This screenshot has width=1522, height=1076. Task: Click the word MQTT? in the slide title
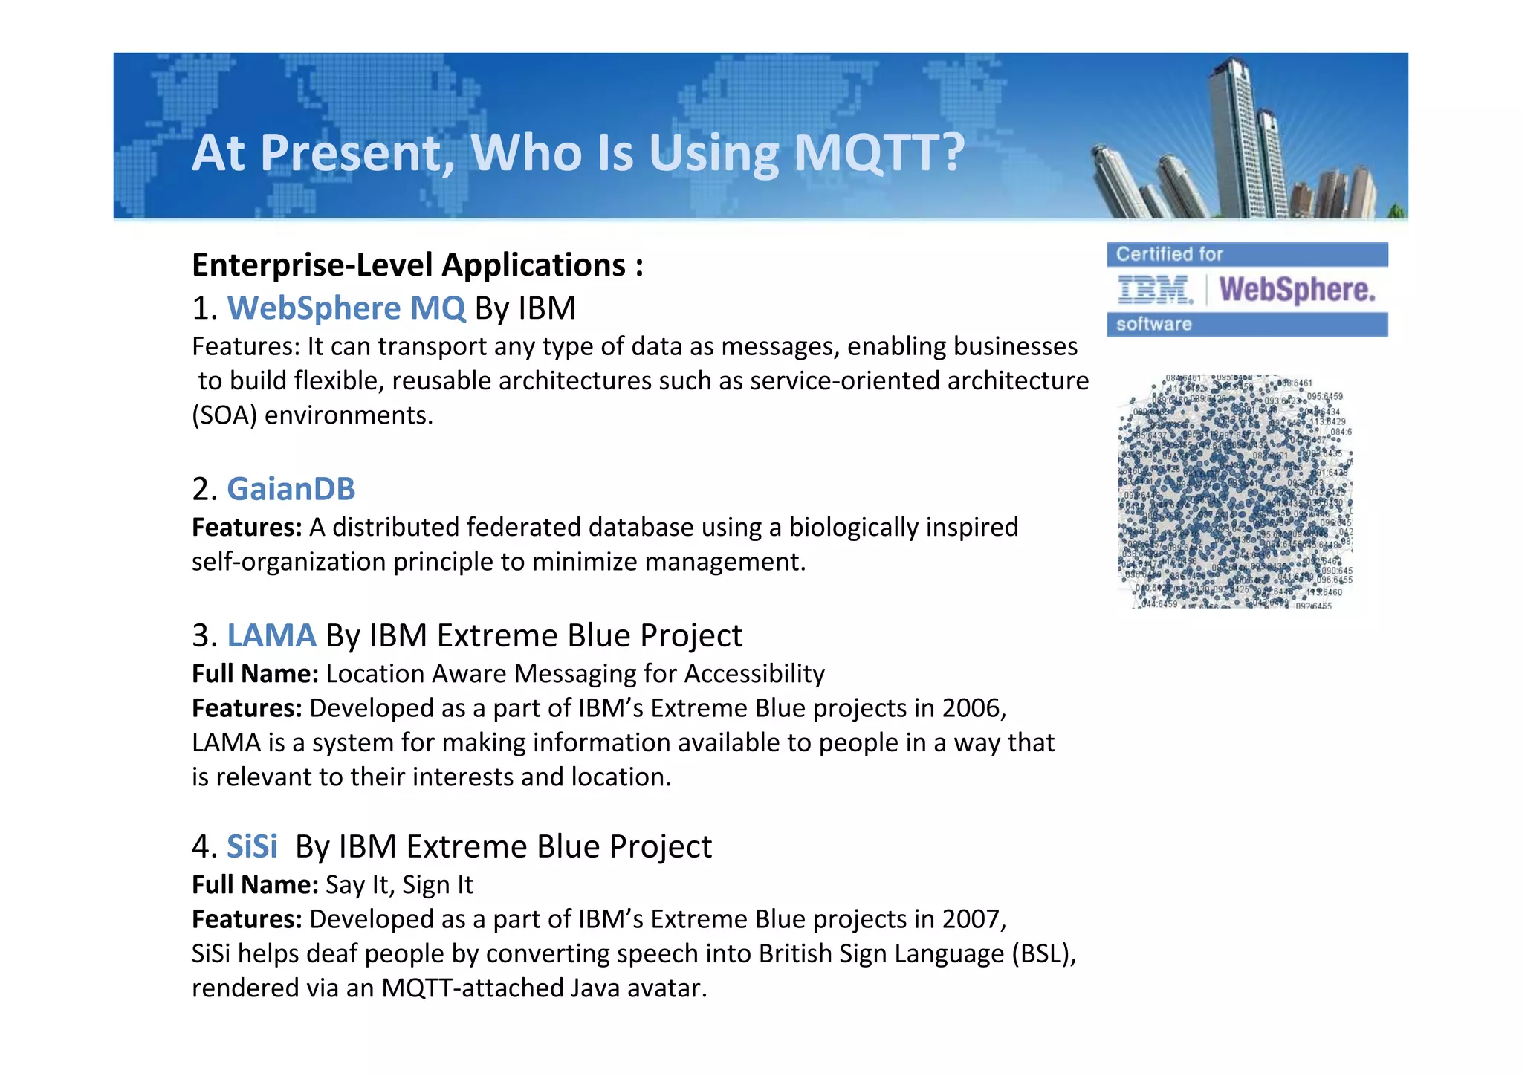[x=878, y=153]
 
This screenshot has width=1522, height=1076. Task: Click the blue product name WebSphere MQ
[x=346, y=308]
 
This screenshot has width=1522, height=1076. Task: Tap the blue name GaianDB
[x=291, y=489]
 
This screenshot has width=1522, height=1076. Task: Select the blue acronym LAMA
[x=271, y=635]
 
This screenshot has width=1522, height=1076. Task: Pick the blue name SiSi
[x=252, y=846]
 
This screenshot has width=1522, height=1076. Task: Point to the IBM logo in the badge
[x=1155, y=290]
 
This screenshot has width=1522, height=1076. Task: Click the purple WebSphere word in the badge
[x=1297, y=290]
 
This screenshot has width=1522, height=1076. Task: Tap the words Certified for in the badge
[x=1169, y=254]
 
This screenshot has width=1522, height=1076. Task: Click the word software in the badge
[x=1153, y=324]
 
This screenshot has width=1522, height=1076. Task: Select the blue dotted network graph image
[x=1234, y=491]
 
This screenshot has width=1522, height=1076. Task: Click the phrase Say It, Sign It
[x=399, y=885]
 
